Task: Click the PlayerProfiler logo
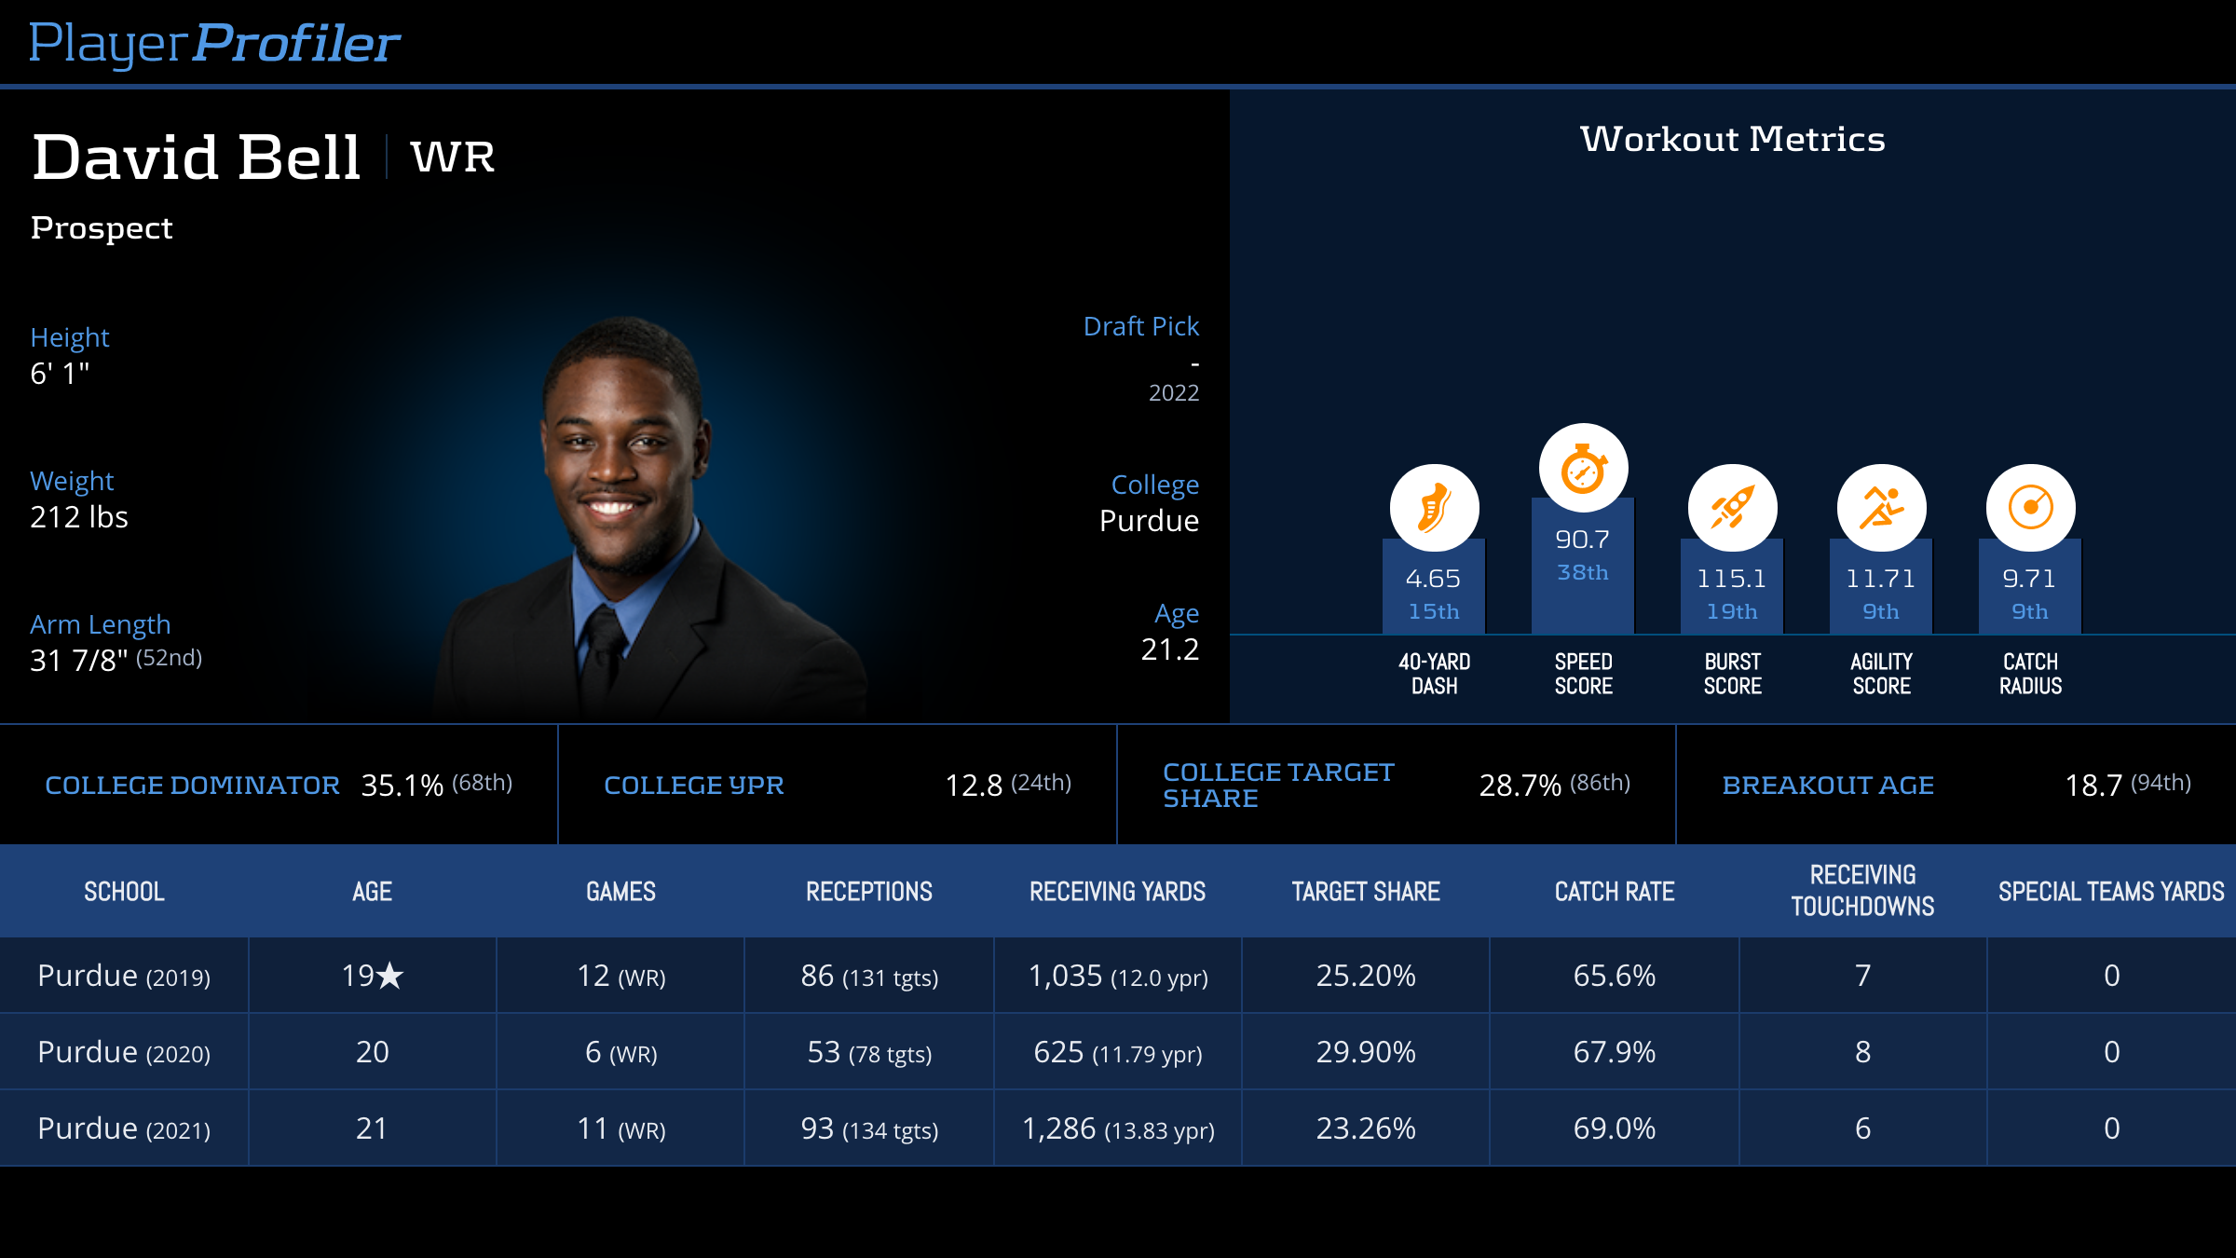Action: tap(214, 43)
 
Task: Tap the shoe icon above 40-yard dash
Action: tap(1434, 508)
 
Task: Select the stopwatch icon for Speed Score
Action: tap(1583, 468)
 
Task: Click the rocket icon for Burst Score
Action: tap(1732, 508)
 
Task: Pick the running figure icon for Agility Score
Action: tap(1881, 508)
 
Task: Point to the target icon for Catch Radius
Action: tap(2030, 508)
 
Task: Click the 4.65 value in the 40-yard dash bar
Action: tap(1433, 579)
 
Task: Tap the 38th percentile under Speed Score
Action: tap(1583, 572)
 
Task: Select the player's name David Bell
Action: tap(197, 157)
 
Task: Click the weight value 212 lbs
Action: tap(79, 517)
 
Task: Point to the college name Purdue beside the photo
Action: tap(1149, 521)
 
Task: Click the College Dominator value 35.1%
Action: tap(402, 786)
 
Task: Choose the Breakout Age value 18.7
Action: tap(2093, 786)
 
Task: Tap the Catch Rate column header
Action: tap(1615, 892)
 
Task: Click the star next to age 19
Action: tap(390, 976)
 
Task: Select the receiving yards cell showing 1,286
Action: tap(1118, 1128)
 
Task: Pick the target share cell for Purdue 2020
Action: tap(1366, 1052)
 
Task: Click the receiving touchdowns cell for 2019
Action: tap(1862, 976)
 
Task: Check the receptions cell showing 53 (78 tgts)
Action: tap(869, 1052)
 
